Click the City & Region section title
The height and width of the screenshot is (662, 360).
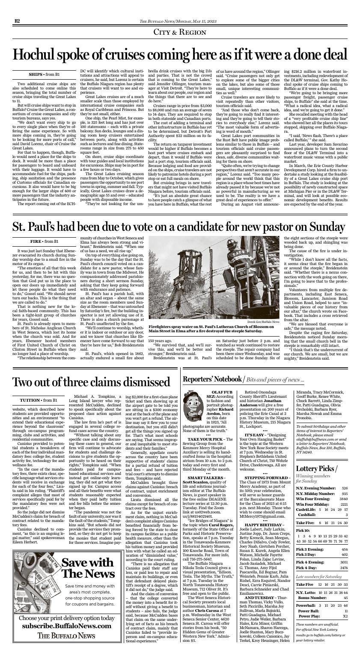click(x=180, y=33)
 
